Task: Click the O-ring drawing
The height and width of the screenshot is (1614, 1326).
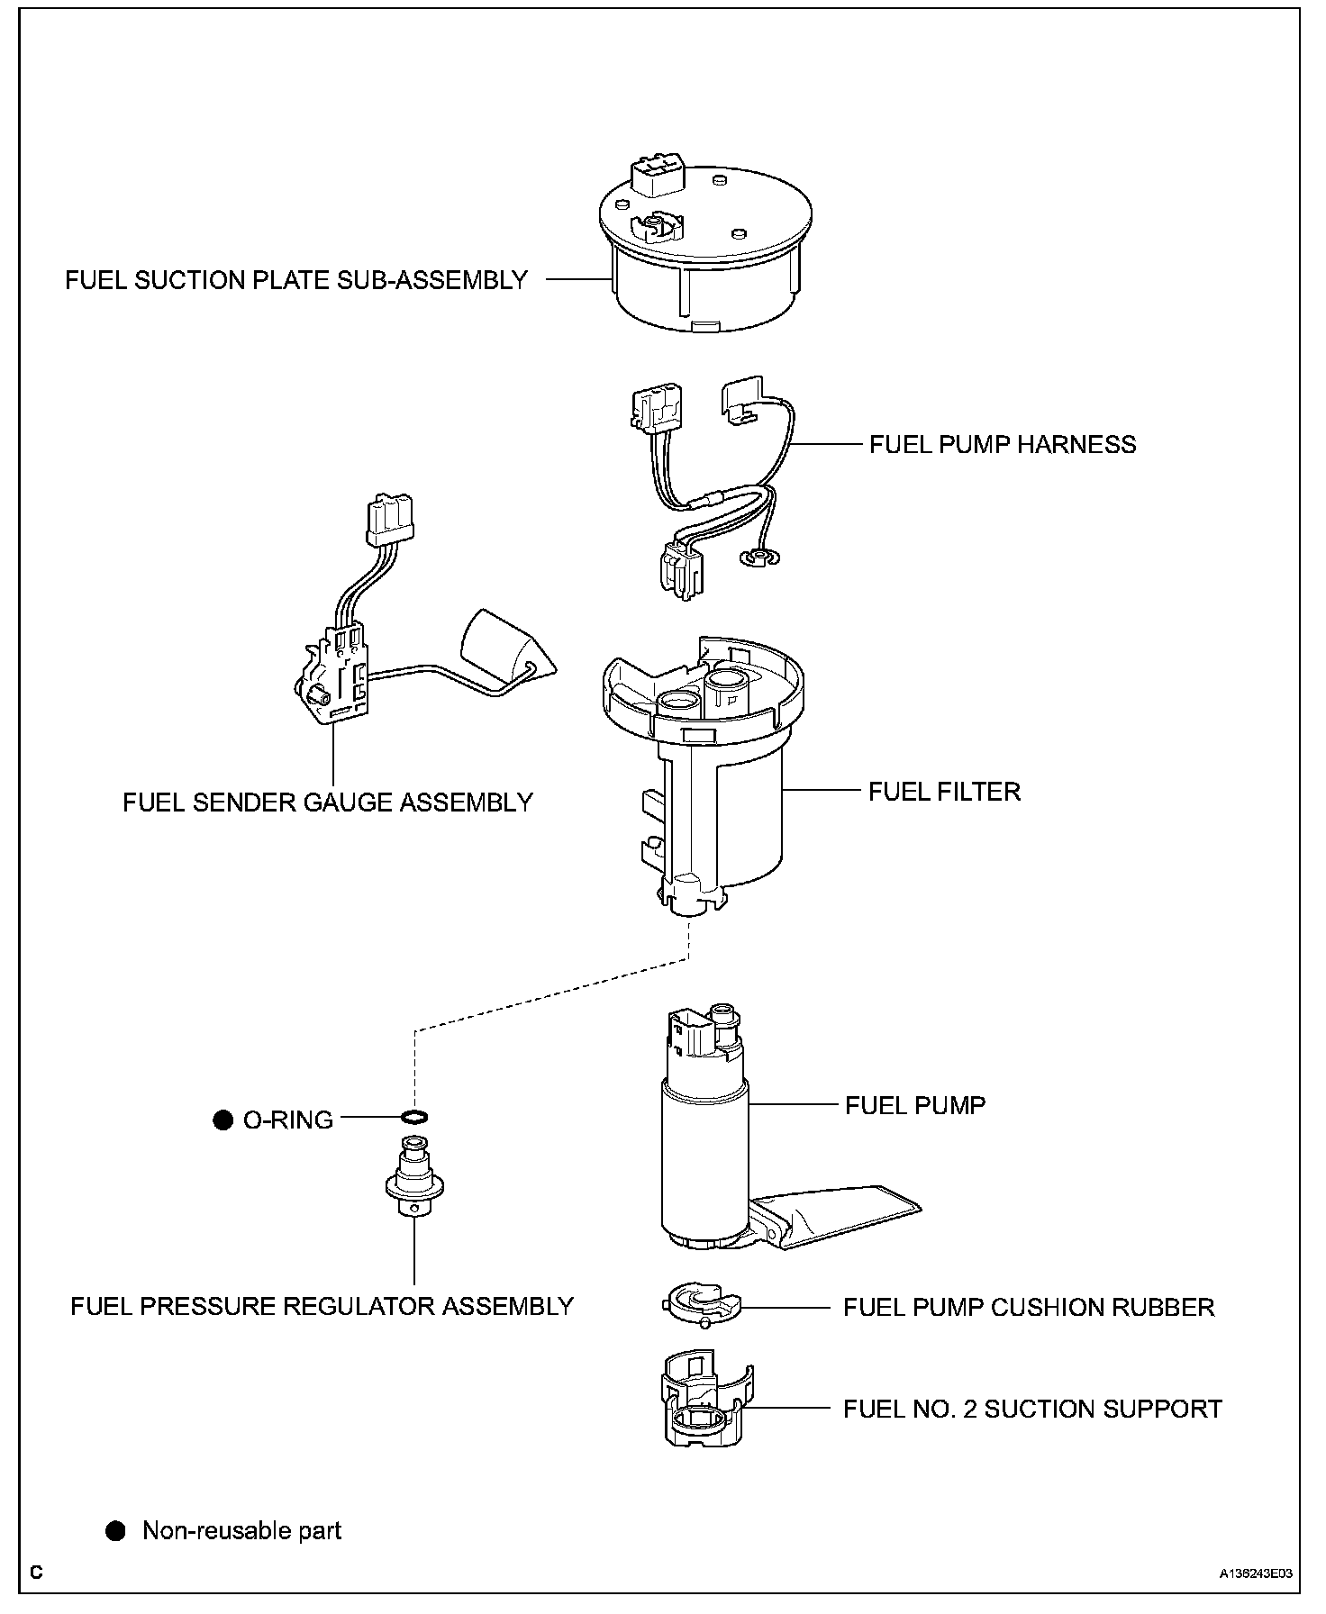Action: (x=413, y=1118)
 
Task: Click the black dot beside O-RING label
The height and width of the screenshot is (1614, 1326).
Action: (x=223, y=1120)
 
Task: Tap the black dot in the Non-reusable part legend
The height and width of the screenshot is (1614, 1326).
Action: (x=115, y=1530)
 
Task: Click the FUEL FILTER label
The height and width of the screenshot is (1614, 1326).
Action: (x=944, y=792)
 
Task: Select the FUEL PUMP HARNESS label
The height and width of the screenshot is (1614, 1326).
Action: (x=1002, y=444)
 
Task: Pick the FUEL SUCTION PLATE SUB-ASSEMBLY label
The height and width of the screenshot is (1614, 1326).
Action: (x=296, y=280)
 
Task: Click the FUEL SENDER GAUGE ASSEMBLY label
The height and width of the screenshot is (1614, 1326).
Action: (x=328, y=802)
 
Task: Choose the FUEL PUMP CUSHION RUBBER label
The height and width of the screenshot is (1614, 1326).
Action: (x=1029, y=1307)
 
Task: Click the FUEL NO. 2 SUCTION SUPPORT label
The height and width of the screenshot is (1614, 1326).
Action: (x=1032, y=1409)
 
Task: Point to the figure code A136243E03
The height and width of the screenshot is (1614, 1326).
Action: (x=1256, y=1573)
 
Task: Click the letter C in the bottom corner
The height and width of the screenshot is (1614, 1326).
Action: (x=36, y=1573)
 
